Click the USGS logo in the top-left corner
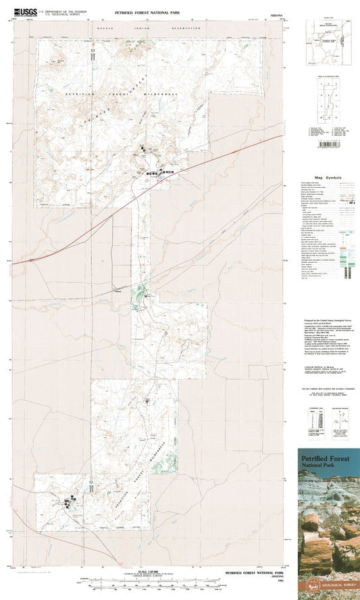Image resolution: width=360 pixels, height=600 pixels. click(28, 11)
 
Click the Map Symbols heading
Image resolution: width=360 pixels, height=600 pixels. click(328, 178)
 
